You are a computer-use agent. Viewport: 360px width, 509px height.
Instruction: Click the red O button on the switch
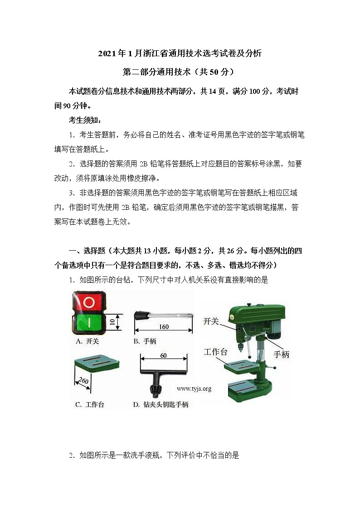89,302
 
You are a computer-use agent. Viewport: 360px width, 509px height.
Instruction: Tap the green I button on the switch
89,323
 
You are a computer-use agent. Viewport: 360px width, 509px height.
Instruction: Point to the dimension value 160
164,326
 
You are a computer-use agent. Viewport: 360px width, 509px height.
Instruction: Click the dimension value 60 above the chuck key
163,355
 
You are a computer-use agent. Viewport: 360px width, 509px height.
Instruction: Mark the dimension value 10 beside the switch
112,323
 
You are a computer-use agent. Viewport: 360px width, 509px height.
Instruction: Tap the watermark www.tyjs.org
194,388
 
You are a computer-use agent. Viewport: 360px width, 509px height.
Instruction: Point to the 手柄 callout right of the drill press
281,354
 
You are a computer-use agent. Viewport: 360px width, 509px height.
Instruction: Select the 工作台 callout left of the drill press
215,352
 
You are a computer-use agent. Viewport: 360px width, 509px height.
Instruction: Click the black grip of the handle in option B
143,314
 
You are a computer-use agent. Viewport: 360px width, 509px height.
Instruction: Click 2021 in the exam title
107,54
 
